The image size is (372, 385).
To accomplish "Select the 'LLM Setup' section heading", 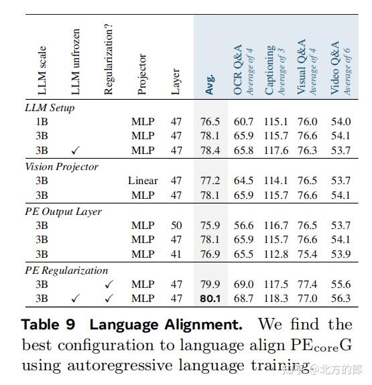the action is pos(50,108).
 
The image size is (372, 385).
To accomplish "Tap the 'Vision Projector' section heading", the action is pos(62,167).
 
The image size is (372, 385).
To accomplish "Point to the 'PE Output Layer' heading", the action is pos(63,212).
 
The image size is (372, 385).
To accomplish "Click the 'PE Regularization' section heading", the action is pos(66,271).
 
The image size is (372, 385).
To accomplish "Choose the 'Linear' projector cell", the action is pos(143,181).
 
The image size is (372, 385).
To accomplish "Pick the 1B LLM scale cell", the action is pos(42,122).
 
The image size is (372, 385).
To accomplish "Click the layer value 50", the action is pos(176,226).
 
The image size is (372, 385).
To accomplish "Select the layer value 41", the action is pos(176,254).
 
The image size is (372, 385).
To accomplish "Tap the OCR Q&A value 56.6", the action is pos(243,226).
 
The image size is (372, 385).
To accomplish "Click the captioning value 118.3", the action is pos(275,299).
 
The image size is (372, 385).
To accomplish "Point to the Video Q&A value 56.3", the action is pos(340,299).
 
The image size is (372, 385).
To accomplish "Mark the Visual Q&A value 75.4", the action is pos(308,254).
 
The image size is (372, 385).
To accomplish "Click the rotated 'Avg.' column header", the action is pos(210,83).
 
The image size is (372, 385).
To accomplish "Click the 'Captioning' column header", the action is pos(270,70).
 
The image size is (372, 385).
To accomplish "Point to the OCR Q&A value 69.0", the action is pos(243,285).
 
